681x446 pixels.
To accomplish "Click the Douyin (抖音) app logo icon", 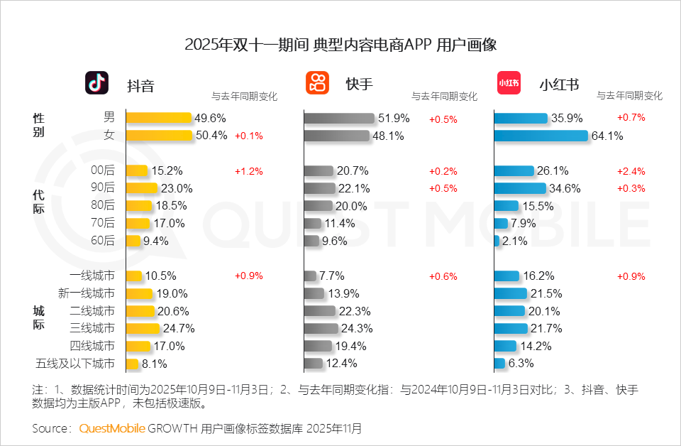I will pos(97,83).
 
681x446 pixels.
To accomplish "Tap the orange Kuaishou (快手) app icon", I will pos(317,83).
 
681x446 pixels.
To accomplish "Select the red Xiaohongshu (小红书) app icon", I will pos(508,83).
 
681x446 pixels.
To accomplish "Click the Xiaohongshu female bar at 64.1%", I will pos(541,136).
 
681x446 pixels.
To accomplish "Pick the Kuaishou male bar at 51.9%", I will pos(339,119).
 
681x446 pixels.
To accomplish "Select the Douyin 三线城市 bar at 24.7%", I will pos(143,328).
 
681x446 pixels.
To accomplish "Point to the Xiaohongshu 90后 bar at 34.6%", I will pos(520,188).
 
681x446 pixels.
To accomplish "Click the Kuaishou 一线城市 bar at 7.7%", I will pos(310,276).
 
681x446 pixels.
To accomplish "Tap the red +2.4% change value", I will pos(631,171).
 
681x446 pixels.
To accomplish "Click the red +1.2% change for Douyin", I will pos(248,171).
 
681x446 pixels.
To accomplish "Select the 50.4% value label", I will pos(211,136).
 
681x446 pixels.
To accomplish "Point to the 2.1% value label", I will pos(514,241).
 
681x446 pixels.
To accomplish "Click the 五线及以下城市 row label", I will pos(74,364).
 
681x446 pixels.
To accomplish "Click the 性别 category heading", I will pos(38,125).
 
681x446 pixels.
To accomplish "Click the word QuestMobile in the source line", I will pos(112,428).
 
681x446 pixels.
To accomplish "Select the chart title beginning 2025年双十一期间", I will pos(340,45).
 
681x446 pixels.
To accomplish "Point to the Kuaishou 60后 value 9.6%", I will pos(334,241).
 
